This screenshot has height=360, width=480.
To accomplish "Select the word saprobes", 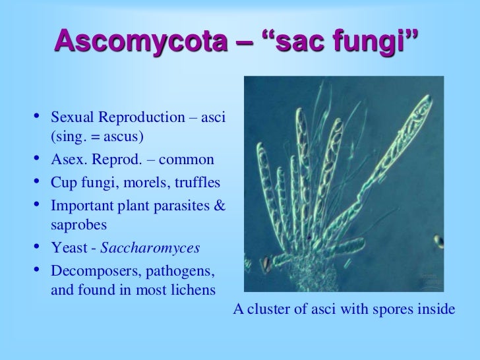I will coord(78,224).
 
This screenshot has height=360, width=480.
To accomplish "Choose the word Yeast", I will coord(67,248).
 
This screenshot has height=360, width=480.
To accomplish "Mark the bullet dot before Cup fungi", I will coord(38,182).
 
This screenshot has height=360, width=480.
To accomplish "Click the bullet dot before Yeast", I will coord(38,248).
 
